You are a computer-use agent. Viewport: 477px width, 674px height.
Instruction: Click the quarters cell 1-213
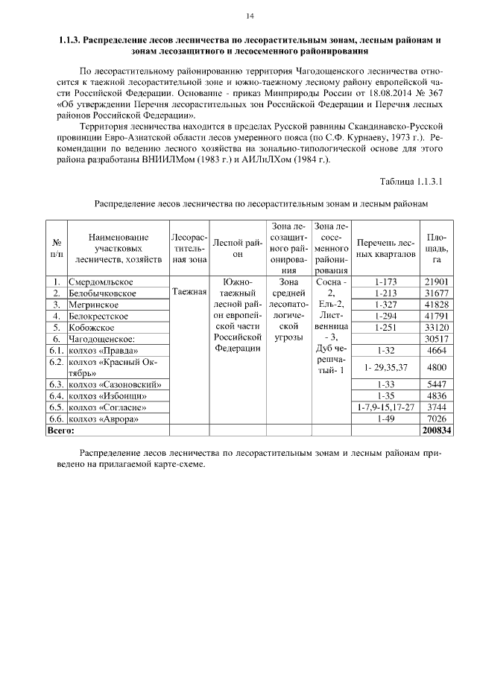(x=385, y=293)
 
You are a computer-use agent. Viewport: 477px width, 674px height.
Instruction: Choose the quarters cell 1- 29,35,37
(x=385, y=367)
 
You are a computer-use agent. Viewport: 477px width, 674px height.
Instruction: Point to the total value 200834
(x=437, y=430)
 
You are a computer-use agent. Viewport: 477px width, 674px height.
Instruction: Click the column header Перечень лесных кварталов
(x=385, y=249)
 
